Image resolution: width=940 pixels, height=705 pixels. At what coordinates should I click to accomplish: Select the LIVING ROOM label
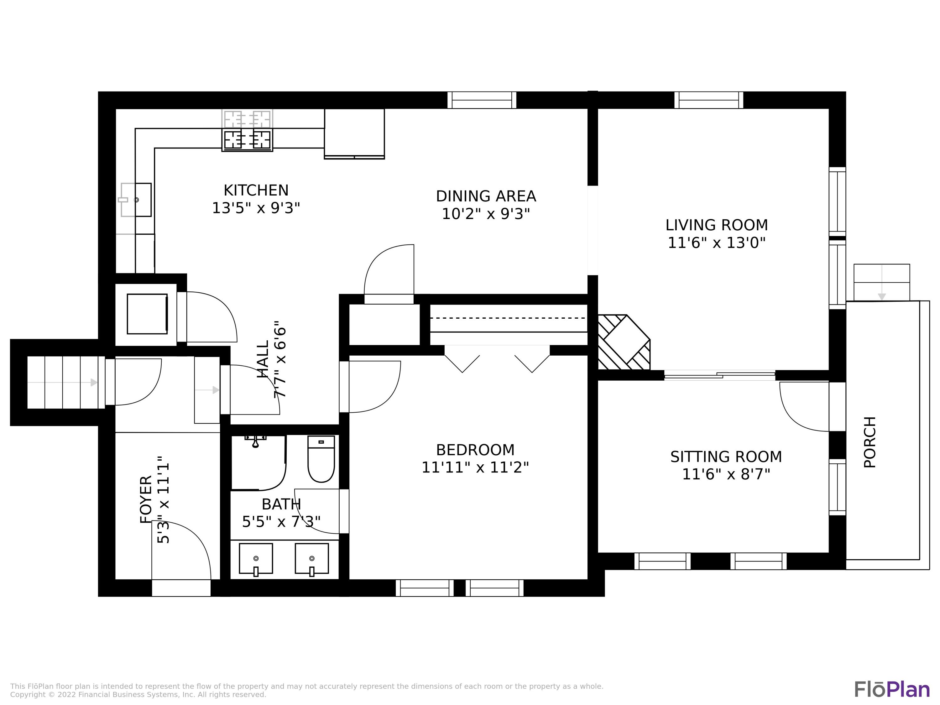click(717, 225)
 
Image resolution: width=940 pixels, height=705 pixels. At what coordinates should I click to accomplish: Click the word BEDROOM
click(475, 450)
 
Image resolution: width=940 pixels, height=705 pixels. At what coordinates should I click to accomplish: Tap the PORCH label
click(870, 442)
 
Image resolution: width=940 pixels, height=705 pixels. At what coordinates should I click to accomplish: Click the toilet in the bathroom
click(321, 459)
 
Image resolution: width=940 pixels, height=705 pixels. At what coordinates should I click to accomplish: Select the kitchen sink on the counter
click(136, 200)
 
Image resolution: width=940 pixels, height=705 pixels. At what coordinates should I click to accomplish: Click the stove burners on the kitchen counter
click(247, 139)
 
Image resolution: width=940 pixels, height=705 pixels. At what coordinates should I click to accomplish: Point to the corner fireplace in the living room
click(624, 342)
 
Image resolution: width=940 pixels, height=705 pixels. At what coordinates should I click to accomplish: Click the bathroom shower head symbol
click(255, 441)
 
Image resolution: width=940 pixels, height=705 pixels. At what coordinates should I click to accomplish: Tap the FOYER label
click(146, 500)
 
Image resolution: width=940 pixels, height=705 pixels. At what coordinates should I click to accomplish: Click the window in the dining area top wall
click(482, 100)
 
